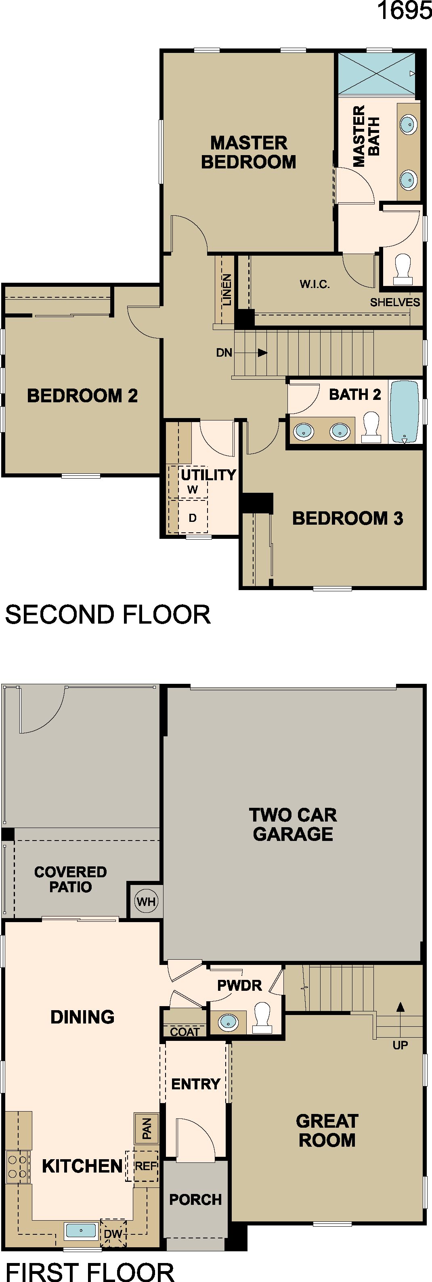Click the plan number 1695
404,11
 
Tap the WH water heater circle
146,901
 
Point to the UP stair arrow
401,1018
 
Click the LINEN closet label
227,290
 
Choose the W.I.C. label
315,284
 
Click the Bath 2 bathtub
404,412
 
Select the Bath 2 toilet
371,427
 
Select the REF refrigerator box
142,1166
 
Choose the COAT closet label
185,1032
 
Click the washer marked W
193,490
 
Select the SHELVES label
395,302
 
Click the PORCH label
195,1199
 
